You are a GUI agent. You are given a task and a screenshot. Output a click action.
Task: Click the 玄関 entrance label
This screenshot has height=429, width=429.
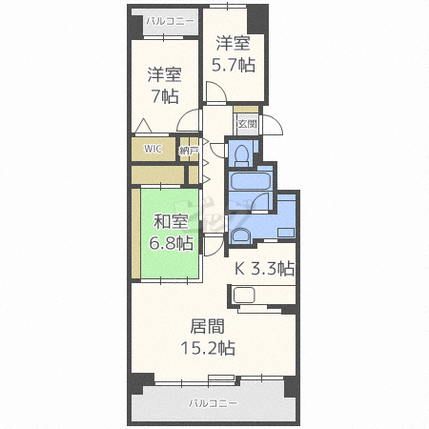(247, 124)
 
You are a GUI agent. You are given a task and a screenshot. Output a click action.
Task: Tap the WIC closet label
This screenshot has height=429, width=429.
(153, 149)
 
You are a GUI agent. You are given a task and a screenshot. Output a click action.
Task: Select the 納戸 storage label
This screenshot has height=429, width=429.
(189, 150)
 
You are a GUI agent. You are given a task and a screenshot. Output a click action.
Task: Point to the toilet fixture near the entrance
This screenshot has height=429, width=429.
(242, 154)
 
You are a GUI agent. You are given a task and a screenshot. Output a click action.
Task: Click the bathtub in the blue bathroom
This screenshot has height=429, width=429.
(251, 181)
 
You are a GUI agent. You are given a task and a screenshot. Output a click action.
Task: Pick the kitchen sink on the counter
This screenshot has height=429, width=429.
(244, 296)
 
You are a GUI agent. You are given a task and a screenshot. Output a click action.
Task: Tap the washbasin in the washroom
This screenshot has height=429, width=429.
(240, 235)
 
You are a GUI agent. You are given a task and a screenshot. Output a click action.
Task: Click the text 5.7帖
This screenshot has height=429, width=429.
(234, 65)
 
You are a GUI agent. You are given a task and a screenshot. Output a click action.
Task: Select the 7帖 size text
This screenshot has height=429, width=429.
(165, 96)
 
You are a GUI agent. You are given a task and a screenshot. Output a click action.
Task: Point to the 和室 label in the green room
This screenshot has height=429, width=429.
(172, 221)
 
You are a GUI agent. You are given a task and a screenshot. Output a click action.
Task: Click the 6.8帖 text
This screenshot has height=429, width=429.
(172, 243)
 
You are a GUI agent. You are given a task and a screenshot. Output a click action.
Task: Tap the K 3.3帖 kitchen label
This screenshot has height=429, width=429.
(264, 269)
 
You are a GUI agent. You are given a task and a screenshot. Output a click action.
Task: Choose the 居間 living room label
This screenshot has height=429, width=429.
(208, 326)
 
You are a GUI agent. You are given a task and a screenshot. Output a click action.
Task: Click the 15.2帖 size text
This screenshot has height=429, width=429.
(208, 348)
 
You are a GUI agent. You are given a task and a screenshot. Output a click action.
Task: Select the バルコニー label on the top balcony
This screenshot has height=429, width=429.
(170, 22)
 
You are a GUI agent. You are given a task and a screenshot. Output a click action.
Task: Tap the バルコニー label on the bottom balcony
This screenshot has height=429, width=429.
(213, 403)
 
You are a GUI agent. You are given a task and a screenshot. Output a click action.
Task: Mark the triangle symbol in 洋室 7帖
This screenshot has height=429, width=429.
(143, 126)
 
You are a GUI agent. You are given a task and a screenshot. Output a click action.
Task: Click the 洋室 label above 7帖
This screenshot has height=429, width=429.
(165, 74)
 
